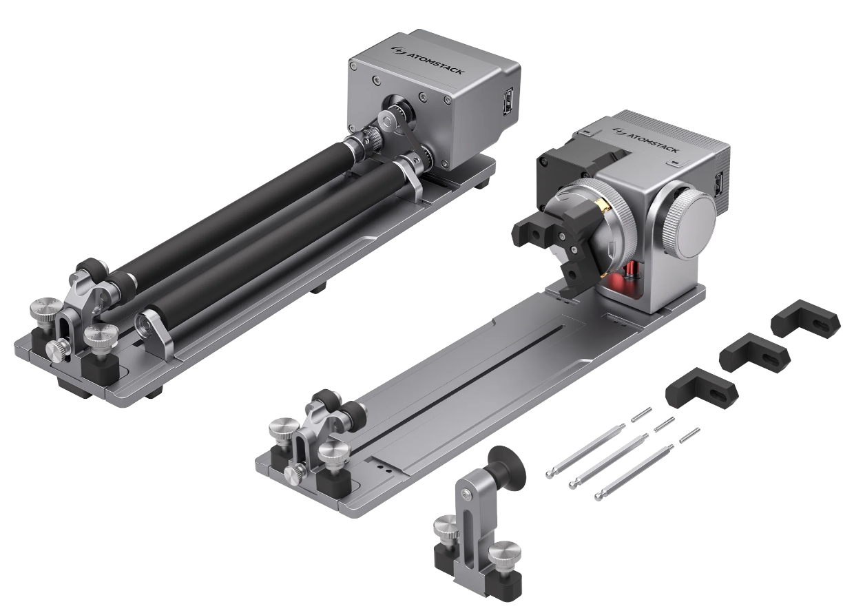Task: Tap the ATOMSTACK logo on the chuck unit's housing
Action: (645, 139)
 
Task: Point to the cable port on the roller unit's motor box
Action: (508, 101)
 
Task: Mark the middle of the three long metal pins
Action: (603, 461)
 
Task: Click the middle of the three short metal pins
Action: (664, 424)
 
